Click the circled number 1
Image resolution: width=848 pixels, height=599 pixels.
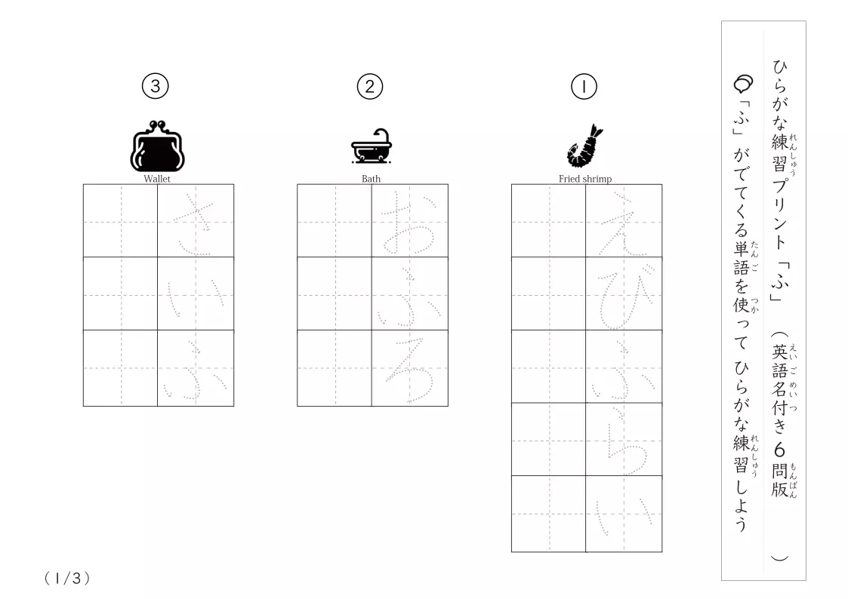coord(584,87)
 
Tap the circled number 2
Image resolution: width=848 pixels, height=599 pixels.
coord(370,87)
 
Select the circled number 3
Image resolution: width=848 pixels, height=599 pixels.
coord(156,87)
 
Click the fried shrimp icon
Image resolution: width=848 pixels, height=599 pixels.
coord(584,146)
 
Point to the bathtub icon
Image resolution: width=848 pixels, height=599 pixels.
coord(372,146)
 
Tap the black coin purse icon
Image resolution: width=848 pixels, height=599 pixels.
coord(157,146)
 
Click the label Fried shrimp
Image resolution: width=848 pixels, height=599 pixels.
coord(585,179)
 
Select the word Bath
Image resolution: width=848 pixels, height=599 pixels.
coord(371,179)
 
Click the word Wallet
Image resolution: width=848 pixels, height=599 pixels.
coord(157,179)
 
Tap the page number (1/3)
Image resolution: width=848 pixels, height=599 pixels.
coord(67,579)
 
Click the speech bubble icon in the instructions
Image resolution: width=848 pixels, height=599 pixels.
coord(743,84)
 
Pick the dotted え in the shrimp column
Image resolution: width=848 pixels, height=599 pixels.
coord(622,224)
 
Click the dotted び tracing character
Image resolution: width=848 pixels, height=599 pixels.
coord(622,296)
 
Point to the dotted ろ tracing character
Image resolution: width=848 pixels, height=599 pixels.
coord(409,370)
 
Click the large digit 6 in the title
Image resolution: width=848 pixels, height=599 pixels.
coord(779,450)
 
